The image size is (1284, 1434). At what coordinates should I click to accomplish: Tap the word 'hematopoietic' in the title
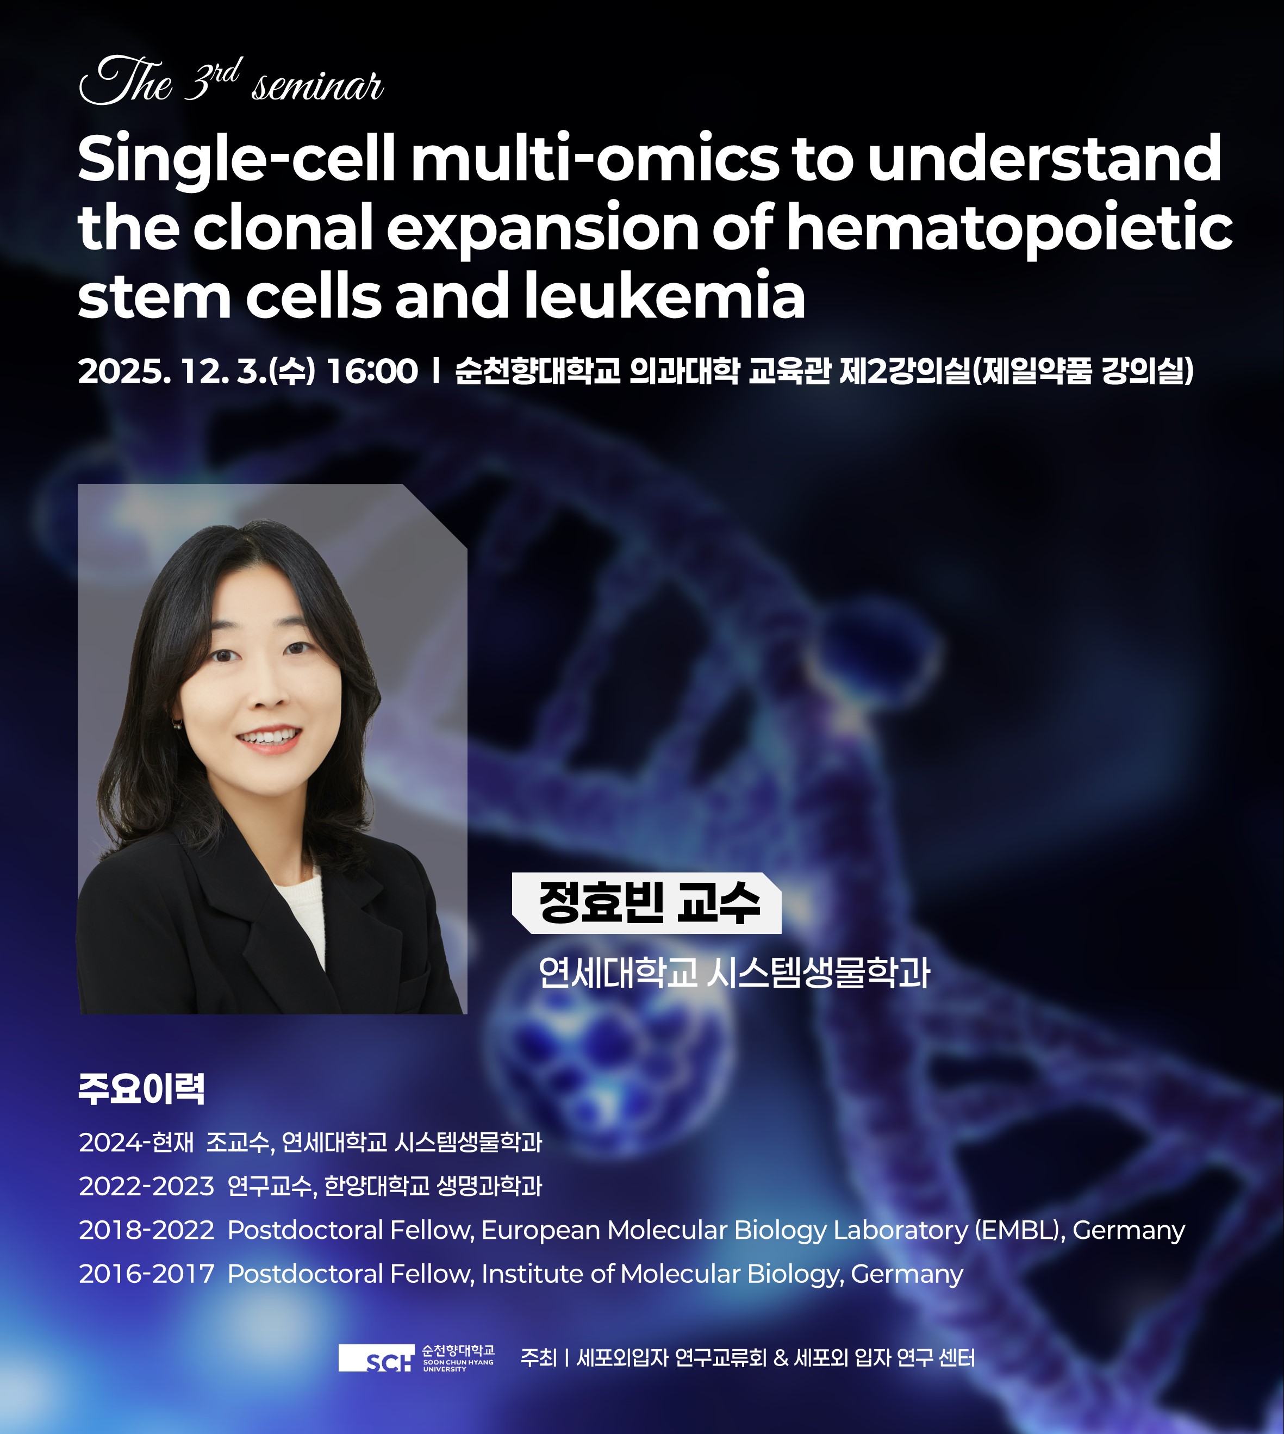(1009, 228)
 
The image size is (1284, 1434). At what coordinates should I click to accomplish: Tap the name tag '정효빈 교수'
(647, 903)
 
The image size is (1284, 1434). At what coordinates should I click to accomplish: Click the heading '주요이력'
(141, 1089)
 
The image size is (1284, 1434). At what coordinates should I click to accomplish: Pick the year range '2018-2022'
(147, 1230)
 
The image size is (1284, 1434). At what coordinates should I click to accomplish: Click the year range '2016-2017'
(147, 1274)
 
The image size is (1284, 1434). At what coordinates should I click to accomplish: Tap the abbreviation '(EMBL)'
(1019, 1230)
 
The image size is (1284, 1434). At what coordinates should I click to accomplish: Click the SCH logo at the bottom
(377, 1358)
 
